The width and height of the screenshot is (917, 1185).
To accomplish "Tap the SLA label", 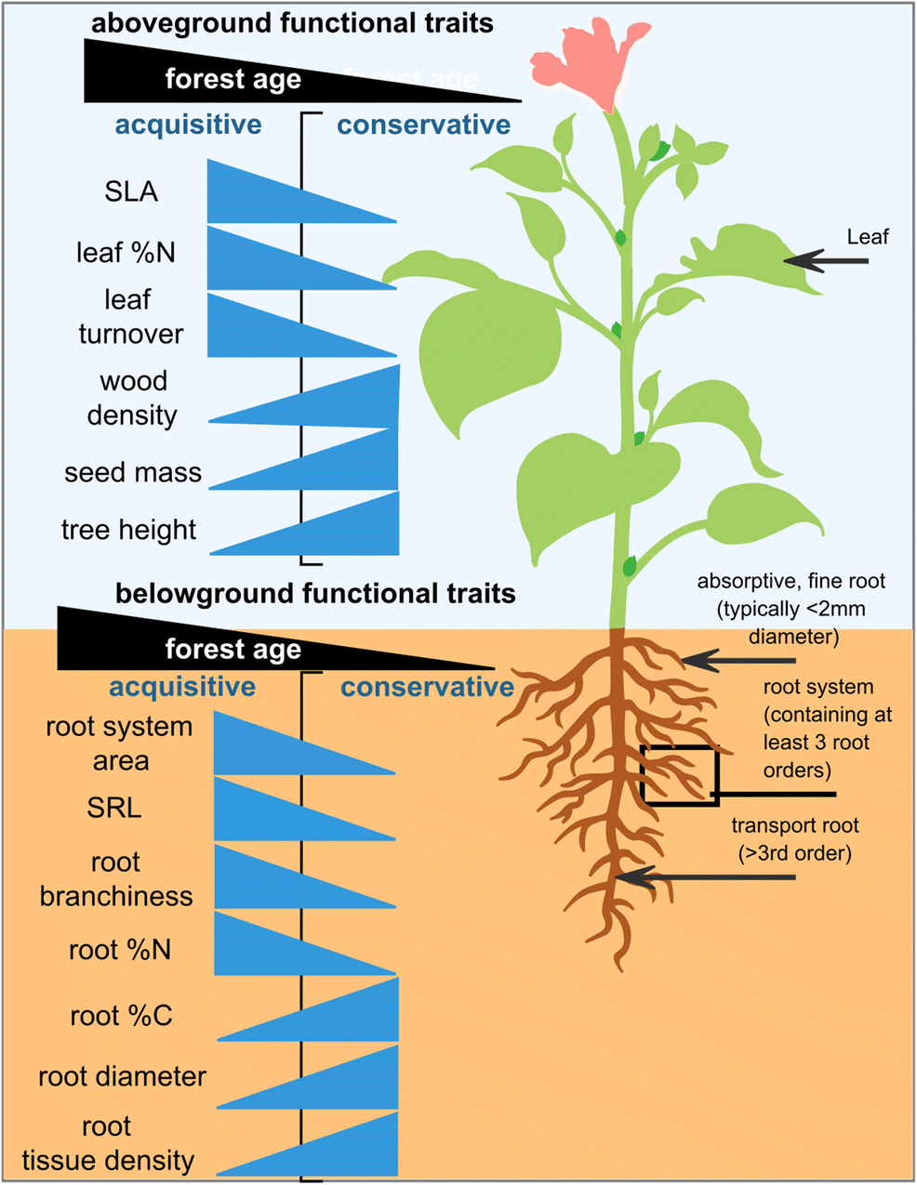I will click(x=131, y=191).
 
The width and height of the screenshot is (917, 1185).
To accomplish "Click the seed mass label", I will click(x=133, y=472).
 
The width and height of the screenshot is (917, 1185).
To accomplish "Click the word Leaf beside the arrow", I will click(x=868, y=237).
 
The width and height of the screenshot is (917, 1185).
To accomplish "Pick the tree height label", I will click(x=129, y=530).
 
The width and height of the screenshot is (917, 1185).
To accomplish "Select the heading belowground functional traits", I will click(x=315, y=593).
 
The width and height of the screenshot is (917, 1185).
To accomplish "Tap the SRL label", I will click(x=114, y=808).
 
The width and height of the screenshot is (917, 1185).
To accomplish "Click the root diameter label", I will click(x=122, y=1076).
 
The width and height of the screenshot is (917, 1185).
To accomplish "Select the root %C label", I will click(x=121, y=1016).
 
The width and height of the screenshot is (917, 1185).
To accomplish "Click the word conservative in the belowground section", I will click(x=427, y=687).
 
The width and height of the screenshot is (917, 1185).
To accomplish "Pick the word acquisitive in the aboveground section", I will click(x=188, y=125).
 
